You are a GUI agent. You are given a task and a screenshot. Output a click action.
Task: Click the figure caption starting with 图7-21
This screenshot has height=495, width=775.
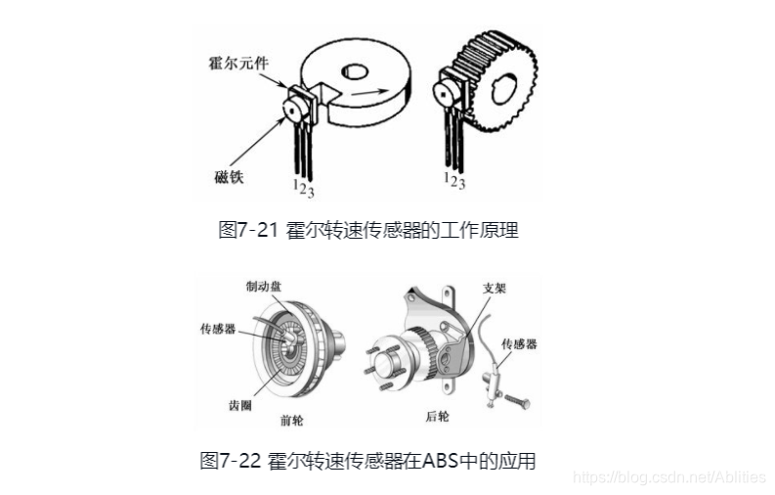[x=367, y=231]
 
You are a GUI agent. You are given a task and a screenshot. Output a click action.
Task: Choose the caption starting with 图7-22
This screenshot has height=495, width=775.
[x=367, y=460]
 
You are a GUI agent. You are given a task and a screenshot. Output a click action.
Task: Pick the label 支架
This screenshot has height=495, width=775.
[x=495, y=290]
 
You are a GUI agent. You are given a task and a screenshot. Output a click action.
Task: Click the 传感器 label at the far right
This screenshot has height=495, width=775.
[x=519, y=344]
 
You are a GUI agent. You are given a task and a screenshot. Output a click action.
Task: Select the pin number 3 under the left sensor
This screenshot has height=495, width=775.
[x=310, y=192]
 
